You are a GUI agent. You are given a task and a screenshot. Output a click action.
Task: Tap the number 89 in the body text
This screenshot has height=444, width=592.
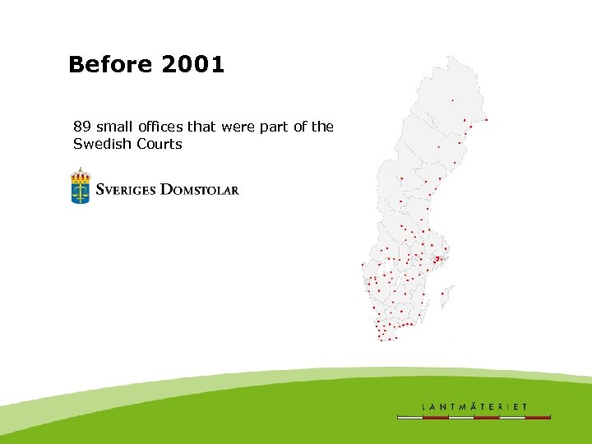81,127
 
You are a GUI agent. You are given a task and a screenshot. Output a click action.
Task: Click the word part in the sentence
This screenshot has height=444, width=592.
278,127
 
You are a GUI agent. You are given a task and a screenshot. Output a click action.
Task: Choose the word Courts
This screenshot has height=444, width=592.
162,144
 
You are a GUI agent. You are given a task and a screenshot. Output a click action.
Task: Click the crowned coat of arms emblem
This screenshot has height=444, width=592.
80,186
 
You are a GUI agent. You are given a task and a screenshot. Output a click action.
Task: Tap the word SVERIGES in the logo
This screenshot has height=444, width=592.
126,189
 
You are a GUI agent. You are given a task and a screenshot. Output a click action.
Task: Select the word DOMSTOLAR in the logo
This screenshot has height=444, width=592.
199,189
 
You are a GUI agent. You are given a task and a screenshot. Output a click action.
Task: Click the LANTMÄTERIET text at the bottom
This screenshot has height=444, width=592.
474,406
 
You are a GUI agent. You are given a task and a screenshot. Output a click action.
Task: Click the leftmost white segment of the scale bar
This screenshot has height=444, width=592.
409,418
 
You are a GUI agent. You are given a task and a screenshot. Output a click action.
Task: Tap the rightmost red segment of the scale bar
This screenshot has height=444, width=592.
538,418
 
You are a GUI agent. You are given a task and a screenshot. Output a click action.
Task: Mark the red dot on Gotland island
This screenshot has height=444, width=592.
442,294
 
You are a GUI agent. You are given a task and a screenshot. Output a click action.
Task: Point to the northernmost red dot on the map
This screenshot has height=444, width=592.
451,100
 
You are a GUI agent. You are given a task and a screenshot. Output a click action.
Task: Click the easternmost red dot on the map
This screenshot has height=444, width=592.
487,120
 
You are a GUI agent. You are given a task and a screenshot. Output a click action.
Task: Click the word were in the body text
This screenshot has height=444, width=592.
242,127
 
